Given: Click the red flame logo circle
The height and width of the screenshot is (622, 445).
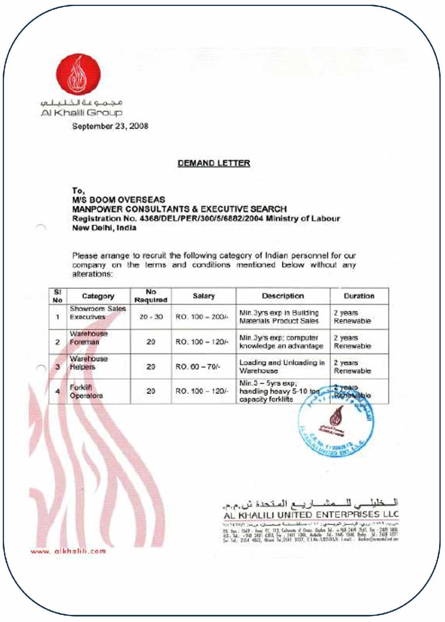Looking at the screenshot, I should pos(78,75).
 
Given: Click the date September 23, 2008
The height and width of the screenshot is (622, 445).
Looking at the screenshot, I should pos(110,126).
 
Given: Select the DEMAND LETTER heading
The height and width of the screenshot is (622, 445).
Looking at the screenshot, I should pos(214,163).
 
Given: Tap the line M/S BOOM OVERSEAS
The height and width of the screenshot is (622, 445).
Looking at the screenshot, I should pos(118,200).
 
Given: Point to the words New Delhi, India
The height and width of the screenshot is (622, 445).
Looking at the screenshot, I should pos(104,228).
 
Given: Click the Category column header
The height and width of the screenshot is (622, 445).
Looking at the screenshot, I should pos(98,296).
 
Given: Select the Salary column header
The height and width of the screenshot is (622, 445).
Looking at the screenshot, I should pos(203,296).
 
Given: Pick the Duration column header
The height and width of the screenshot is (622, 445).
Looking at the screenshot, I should pos(359,296).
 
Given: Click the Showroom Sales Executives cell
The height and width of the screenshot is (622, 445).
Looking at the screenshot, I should pos(97,313).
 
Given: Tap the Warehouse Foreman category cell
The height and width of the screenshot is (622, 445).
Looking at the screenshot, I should pos(89,338).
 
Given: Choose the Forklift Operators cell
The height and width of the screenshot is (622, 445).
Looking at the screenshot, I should pos(86,391).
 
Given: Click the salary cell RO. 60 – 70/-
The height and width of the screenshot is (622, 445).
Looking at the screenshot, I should pos(198,367).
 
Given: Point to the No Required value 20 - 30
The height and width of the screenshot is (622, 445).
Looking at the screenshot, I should pos(151,317).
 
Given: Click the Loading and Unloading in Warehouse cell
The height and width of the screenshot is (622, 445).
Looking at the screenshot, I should pos(282,367).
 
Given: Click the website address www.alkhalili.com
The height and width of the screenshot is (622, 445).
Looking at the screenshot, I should pos(68,551).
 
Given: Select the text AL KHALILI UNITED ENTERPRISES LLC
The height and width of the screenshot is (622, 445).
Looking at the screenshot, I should pos(311,515).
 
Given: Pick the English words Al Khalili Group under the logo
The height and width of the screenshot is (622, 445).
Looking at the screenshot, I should pos(81,113).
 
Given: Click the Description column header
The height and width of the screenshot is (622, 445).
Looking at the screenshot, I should pos(282,296).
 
